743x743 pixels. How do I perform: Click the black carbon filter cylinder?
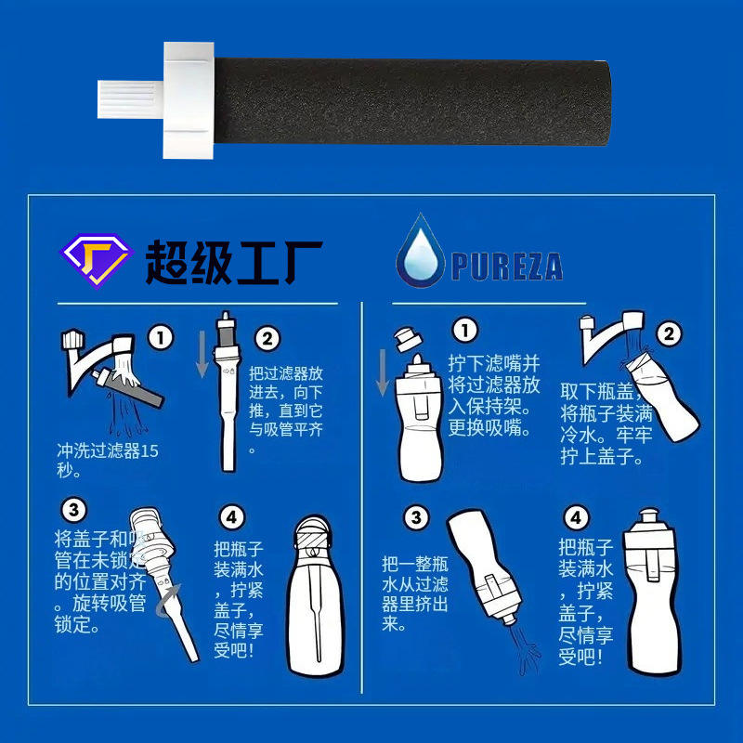(x=411, y=101)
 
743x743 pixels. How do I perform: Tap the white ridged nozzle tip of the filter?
(x=131, y=99)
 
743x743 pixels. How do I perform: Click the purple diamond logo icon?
(x=97, y=260)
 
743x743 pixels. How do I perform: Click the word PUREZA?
(x=507, y=267)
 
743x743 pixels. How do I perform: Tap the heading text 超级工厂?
(x=234, y=262)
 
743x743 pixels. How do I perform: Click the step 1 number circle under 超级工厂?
(x=161, y=338)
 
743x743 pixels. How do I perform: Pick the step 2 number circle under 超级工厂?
(x=267, y=339)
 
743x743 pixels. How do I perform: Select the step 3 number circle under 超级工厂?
(x=74, y=510)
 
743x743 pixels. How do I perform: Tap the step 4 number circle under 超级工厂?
(x=232, y=517)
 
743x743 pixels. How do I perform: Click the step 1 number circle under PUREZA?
(x=465, y=330)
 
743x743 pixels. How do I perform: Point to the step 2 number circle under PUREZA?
(x=669, y=333)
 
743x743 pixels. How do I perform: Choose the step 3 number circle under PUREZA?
(x=416, y=517)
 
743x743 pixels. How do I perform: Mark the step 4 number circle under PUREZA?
(x=576, y=517)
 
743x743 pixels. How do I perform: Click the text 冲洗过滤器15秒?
(x=108, y=461)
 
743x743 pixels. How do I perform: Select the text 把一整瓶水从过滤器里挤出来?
(x=415, y=593)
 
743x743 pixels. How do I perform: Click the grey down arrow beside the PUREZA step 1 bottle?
(x=383, y=373)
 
